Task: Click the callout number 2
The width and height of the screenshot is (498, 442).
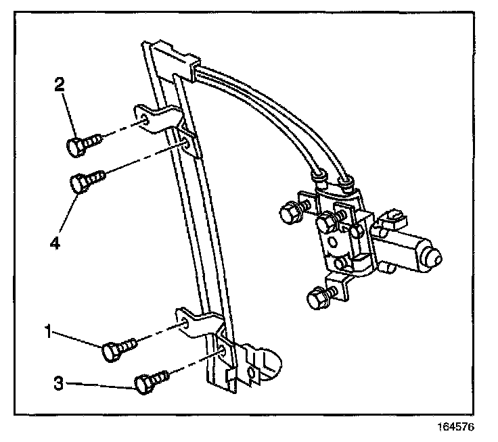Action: point(60,84)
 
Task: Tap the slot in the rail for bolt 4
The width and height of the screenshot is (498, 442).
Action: point(185,143)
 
